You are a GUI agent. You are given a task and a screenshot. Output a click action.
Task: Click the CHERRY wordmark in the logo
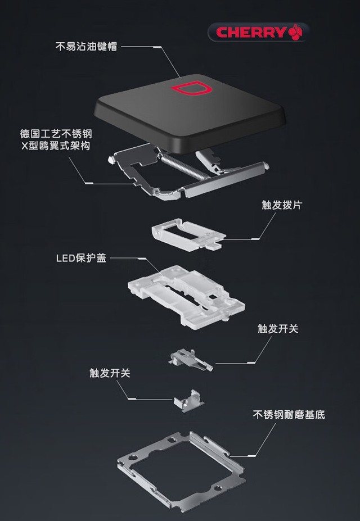tap(251, 32)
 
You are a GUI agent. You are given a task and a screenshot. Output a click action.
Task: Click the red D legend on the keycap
tap(190, 89)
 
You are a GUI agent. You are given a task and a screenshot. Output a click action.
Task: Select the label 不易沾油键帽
tap(86, 47)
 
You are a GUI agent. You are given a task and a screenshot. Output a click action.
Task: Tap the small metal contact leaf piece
tap(191, 357)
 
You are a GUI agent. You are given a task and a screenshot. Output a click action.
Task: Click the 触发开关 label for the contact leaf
tap(278, 329)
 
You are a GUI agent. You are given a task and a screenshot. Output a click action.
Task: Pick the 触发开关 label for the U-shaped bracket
tap(110, 373)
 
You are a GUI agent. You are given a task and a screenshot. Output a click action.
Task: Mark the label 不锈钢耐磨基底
tap(289, 415)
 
